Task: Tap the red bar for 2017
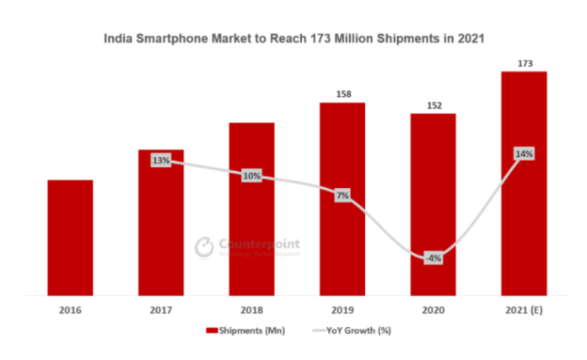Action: (161, 228)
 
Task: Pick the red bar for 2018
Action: (251, 211)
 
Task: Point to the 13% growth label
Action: (160, 160)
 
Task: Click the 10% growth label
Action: (251, 176)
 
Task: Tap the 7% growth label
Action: (342, 196)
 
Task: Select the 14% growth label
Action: (523, 154)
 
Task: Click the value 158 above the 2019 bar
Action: (342, 94)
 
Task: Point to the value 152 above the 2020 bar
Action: (433, 105)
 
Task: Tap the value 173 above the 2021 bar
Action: (523, 63)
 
